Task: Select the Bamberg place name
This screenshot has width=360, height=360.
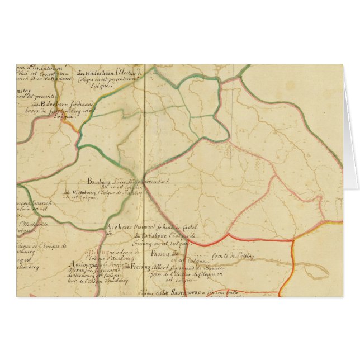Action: point(100,181)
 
